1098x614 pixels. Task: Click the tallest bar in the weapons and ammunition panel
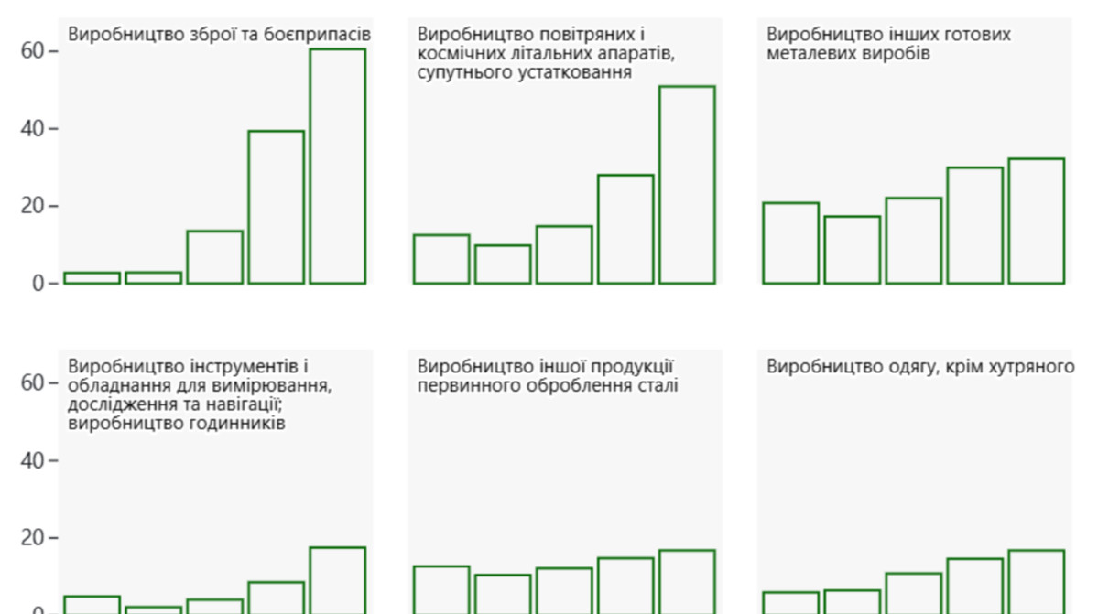337,166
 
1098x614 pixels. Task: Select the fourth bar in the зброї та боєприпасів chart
276,207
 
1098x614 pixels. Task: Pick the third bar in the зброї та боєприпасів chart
214,257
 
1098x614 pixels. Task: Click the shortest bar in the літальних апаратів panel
503,264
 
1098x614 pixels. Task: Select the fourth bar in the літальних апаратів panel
625,229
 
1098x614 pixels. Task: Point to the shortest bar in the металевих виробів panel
852,250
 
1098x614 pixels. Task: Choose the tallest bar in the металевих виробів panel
1036,221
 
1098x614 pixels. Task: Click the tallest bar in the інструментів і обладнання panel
337,580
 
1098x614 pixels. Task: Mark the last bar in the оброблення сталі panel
687,582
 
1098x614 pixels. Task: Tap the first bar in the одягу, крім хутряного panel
790,602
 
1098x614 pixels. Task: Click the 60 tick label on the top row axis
33,51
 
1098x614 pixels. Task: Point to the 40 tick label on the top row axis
33,129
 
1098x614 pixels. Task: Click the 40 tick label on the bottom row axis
33,460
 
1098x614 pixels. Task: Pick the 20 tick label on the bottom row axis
33,538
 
